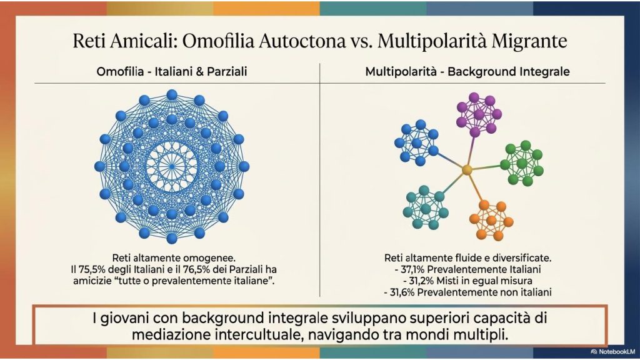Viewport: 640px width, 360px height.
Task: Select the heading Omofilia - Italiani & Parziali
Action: click(x=172, y=72)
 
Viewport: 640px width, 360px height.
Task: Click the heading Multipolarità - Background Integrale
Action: click(x=467, y=72)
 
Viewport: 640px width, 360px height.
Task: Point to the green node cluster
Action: click(x=522, y=164)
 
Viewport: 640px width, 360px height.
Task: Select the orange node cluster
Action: click(x=491, y=221)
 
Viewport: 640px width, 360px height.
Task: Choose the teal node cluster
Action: click(x=425, y=207)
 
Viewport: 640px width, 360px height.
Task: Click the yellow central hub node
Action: click(x=467, y=170)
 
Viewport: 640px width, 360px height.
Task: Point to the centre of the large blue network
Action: click(x=172, y=166)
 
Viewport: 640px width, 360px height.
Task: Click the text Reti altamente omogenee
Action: click(x=174, y=258)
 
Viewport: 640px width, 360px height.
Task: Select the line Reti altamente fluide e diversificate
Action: click(x=467, y=258)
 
